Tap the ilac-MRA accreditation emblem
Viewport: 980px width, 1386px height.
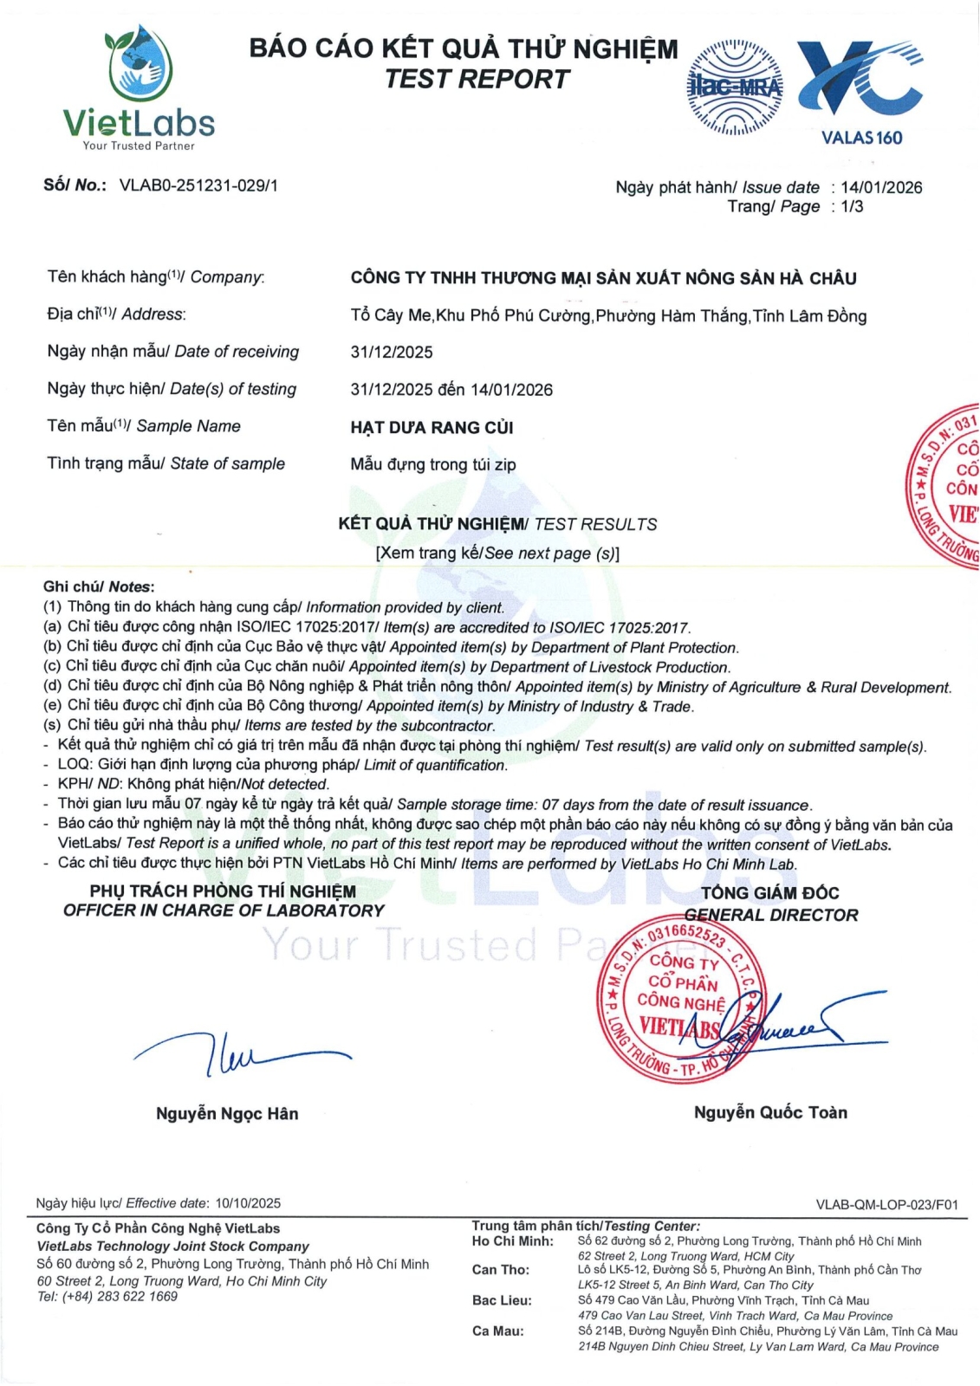[734, 87]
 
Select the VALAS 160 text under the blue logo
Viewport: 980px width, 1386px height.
[861, 138]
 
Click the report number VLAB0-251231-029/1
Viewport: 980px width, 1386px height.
[198, 185]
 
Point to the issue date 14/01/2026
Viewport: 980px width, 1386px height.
[881, 187]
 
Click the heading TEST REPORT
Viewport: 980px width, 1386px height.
[477, 79]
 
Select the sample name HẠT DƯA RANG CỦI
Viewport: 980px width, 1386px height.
[432, 427]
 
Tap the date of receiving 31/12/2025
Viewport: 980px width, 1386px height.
[392, 352]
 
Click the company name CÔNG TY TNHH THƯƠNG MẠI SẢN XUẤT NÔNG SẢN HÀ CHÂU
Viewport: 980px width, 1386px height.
[603, 278]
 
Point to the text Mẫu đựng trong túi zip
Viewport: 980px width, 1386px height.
[433, 464]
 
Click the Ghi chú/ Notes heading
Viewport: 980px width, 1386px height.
[99, 586]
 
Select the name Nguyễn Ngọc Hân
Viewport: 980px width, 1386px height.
[227, 1113]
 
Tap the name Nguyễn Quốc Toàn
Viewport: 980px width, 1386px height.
[770, 1112]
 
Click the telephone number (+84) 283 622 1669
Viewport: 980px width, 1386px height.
[120, 1297]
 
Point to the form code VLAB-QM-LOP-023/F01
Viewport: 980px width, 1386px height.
[886, 1204]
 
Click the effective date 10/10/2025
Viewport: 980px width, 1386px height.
[248, 1203]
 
